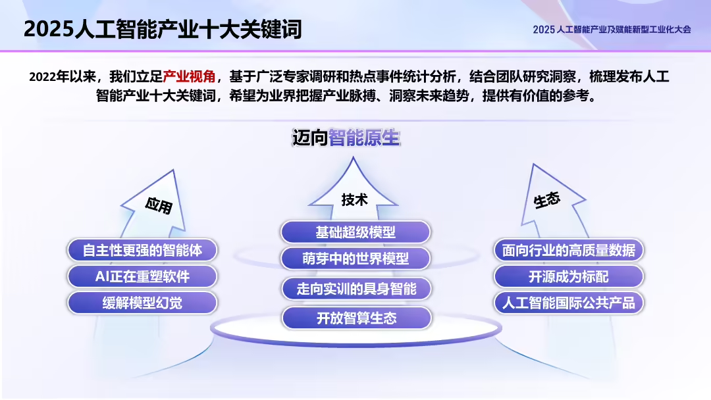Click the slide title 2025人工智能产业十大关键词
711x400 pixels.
point(163,29)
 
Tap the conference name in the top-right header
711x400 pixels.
point(612,30)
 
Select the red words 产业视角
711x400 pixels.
point(189,76)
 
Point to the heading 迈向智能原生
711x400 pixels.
point(346,138)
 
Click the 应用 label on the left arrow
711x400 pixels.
point(159,205)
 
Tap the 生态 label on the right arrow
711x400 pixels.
point(547,200)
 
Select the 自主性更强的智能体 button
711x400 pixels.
point(142,250)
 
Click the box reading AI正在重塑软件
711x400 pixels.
point(142,276)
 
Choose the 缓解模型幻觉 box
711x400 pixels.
point(142,303)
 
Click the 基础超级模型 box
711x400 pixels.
point(355,232)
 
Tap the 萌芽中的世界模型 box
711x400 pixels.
point(355,259)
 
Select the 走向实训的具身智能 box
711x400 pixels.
point(355,288)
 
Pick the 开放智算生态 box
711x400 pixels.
point(355,318)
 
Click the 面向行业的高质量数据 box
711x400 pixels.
point(569,250)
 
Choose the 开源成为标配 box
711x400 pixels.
point(569,276)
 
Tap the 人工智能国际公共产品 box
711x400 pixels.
point(569,303)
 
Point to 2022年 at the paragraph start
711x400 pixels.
point(48,76)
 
